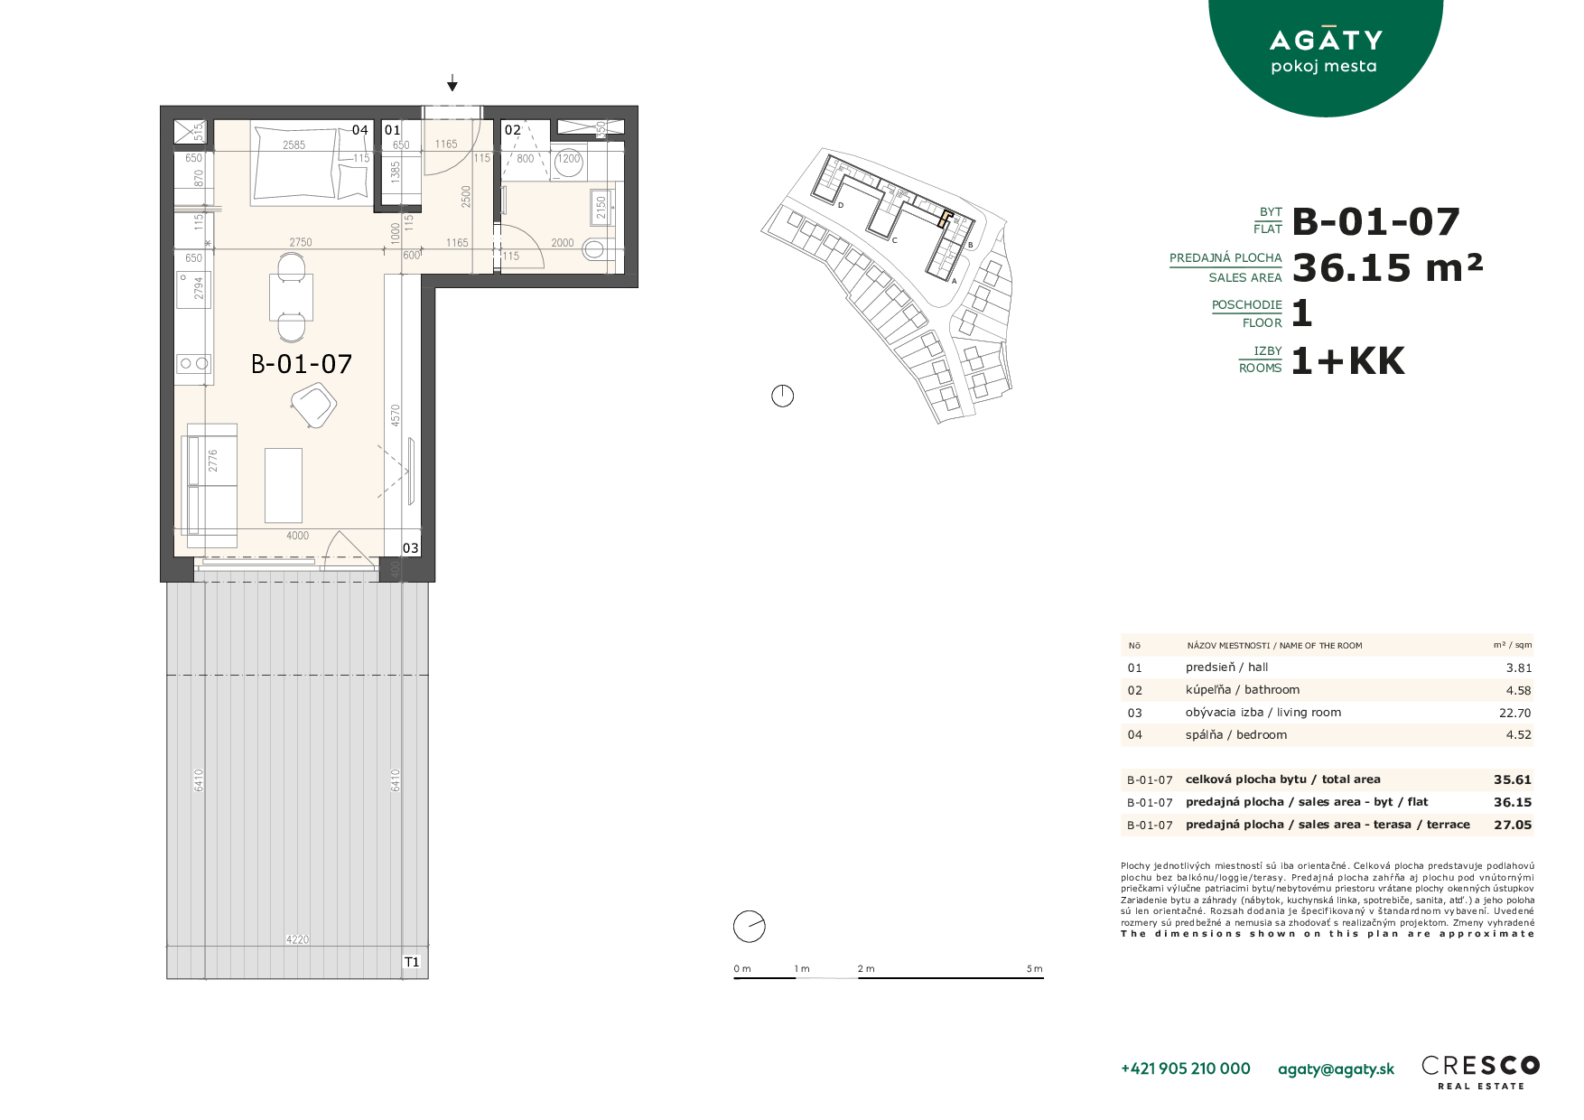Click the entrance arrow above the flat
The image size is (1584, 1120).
click(452, 84)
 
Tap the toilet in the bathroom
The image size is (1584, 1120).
click(596, 248)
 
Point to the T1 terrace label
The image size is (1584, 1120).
click(412, 962)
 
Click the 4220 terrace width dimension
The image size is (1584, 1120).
click(297, 939)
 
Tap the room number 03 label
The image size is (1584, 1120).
click(411, 548)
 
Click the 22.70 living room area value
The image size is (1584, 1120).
click(1515, 713)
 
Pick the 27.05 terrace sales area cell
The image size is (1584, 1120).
click(1513, 825)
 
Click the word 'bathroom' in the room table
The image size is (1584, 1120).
click(1272, 689)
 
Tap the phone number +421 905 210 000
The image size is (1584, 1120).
click(1186, 1069)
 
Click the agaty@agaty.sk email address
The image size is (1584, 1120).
click(1337, 1069)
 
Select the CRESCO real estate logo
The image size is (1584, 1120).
click(1481, 1072)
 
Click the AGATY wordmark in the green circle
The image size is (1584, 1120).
click(1326, 40)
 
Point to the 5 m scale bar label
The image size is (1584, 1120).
click(1035, 969)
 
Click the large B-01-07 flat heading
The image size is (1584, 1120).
click(1376, 222)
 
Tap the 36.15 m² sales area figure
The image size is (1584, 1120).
click(1388, 267)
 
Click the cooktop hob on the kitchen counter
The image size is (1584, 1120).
click(194, 363)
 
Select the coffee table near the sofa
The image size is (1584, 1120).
click(284, 485)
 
